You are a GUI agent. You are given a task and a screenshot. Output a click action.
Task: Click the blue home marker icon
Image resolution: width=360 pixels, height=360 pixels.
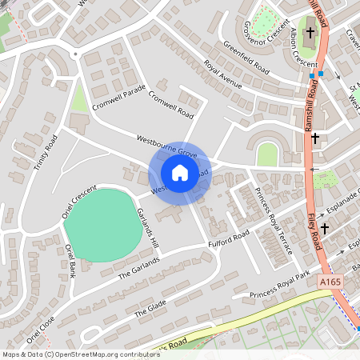tap(179, 172)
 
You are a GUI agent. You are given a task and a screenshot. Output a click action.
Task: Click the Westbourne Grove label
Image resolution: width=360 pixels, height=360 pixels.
tap(166, 145)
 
